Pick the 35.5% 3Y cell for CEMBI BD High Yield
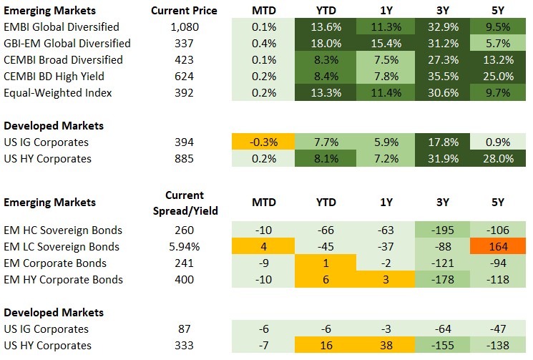(x=438, y=77)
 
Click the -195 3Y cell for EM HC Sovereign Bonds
(x=438, y=230)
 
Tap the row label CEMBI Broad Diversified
(x=63, y=60)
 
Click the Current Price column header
(x=185, y=11)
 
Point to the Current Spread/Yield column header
(x=185, y=203)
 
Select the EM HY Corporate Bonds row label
(x=63, y=280)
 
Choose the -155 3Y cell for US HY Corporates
(x=438, y=346)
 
